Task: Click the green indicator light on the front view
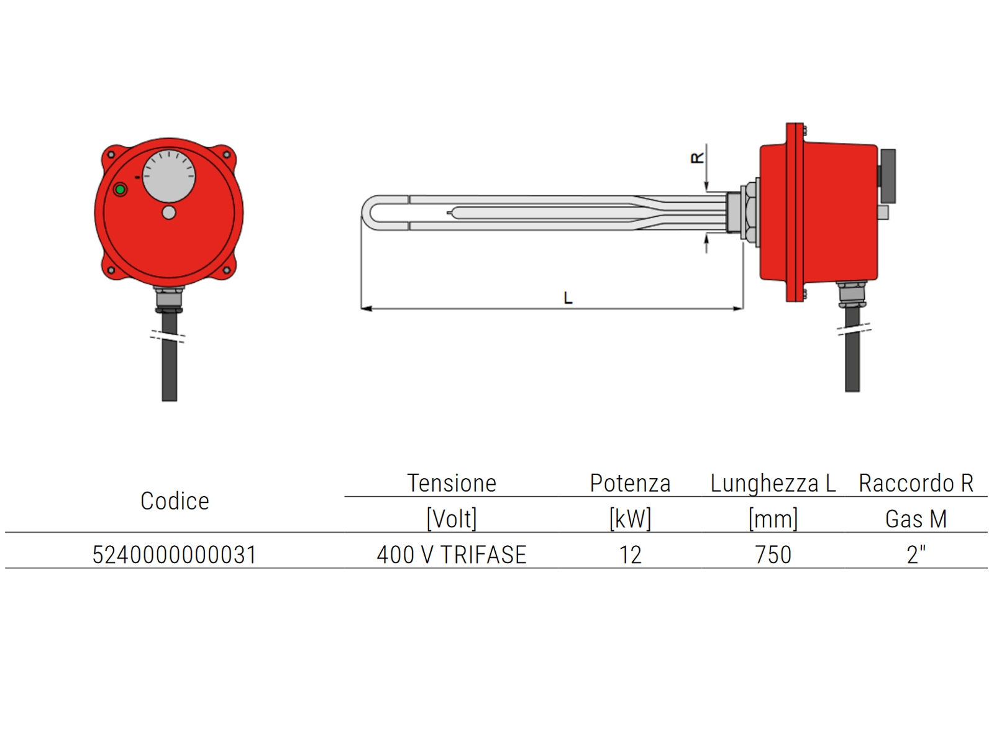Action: tap(120, 190)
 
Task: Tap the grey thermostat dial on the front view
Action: tap(169, 176)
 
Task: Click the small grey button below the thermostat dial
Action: tap(169, 213)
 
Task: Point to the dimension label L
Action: tap(568, 298)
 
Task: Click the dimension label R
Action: tap(698, 157)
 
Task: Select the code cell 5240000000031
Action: tap(175, 555)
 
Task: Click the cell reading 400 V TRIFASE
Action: tap(452, 555)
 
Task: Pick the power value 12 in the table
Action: tap(630, 555)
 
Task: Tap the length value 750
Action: tap(773, 555)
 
